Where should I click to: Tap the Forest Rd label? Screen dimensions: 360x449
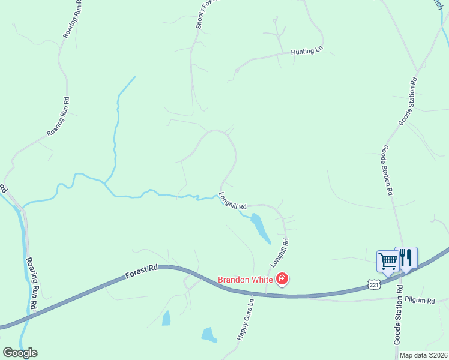[142, 273]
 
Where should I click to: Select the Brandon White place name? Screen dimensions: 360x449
[245, 280]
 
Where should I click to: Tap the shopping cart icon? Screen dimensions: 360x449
[388, 262]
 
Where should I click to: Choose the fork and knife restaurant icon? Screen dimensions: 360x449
[406, 257]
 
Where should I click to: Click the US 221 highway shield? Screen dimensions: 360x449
[374, 284]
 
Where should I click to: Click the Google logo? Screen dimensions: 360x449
[20, 352]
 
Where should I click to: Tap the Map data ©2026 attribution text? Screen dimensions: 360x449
[423, 355]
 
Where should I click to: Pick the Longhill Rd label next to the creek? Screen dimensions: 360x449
[233, 200]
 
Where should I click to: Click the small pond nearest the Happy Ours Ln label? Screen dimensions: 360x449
[209, 334]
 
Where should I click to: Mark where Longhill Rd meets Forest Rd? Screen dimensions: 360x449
[267, 294]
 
